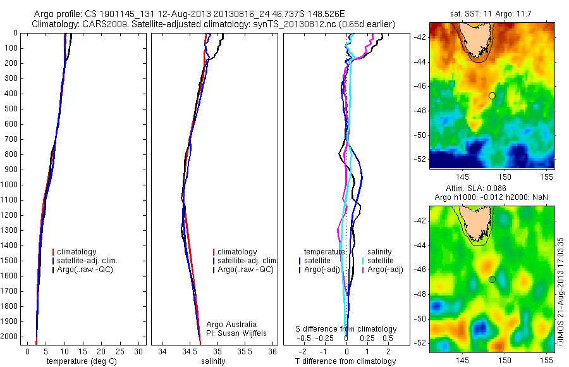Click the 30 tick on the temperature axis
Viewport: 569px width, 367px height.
click(139, 351)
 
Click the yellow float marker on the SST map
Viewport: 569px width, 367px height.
click(491, 96)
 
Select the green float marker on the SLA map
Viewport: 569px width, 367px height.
click(491, 279)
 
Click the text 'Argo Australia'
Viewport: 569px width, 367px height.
click(231, 325)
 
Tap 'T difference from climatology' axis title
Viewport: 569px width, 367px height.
click(345, 361)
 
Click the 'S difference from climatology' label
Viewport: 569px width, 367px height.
click(346, 329)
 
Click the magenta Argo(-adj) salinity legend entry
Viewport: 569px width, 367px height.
click(385, 270)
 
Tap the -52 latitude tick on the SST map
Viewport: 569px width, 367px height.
click(422, 159)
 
